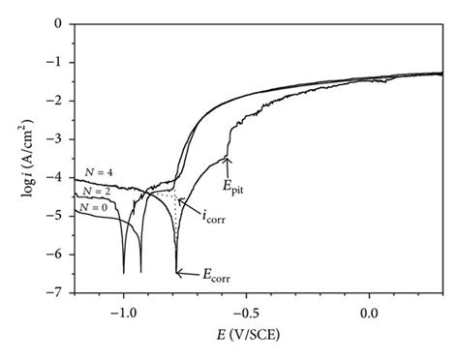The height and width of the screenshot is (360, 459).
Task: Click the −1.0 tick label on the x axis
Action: click(122, 312)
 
